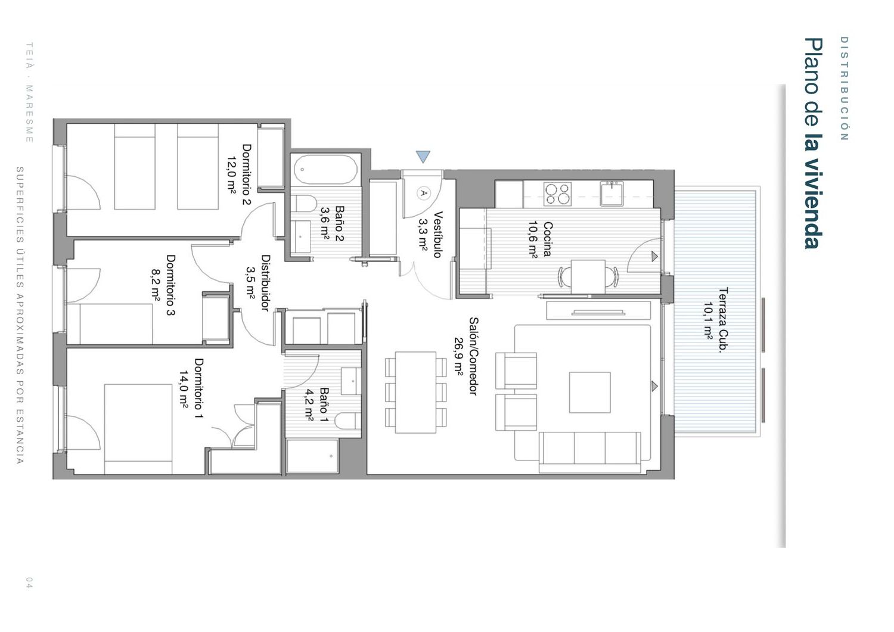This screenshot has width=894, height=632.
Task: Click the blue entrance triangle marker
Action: click(x=423, y=155)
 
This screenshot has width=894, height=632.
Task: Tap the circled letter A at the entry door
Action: click(x=423, y=193)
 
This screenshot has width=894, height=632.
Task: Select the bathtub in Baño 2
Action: click(x=325, y=170)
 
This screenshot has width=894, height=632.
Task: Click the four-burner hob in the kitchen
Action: click(x=557, y=194)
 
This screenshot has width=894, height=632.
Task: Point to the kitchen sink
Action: click(x=612, y=194)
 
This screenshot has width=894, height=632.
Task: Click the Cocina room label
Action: click(x=548, y=239)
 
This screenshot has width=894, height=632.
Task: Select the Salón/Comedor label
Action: click(x=473, y=356)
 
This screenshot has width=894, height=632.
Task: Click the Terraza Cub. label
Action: click(x=723, y=320)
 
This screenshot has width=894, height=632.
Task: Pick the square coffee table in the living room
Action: click(x=590, y=393)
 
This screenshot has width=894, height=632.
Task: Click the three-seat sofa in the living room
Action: click(x=590, y=453)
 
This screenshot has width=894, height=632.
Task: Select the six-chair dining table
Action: click(x=416, y=392)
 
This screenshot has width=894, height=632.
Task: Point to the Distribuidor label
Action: click(x=265, y=283)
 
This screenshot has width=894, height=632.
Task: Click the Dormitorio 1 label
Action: click(x=198, y=388)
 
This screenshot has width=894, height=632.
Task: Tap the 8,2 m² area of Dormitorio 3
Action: click(x=156, y=284)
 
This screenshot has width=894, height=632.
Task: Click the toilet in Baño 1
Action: click(x=347, y=421)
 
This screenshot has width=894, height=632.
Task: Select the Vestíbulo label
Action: click(x=438, y=235)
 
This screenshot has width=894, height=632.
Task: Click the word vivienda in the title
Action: click(x=814, y=204)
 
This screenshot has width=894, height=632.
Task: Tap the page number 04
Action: click(x=29, y=582)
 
